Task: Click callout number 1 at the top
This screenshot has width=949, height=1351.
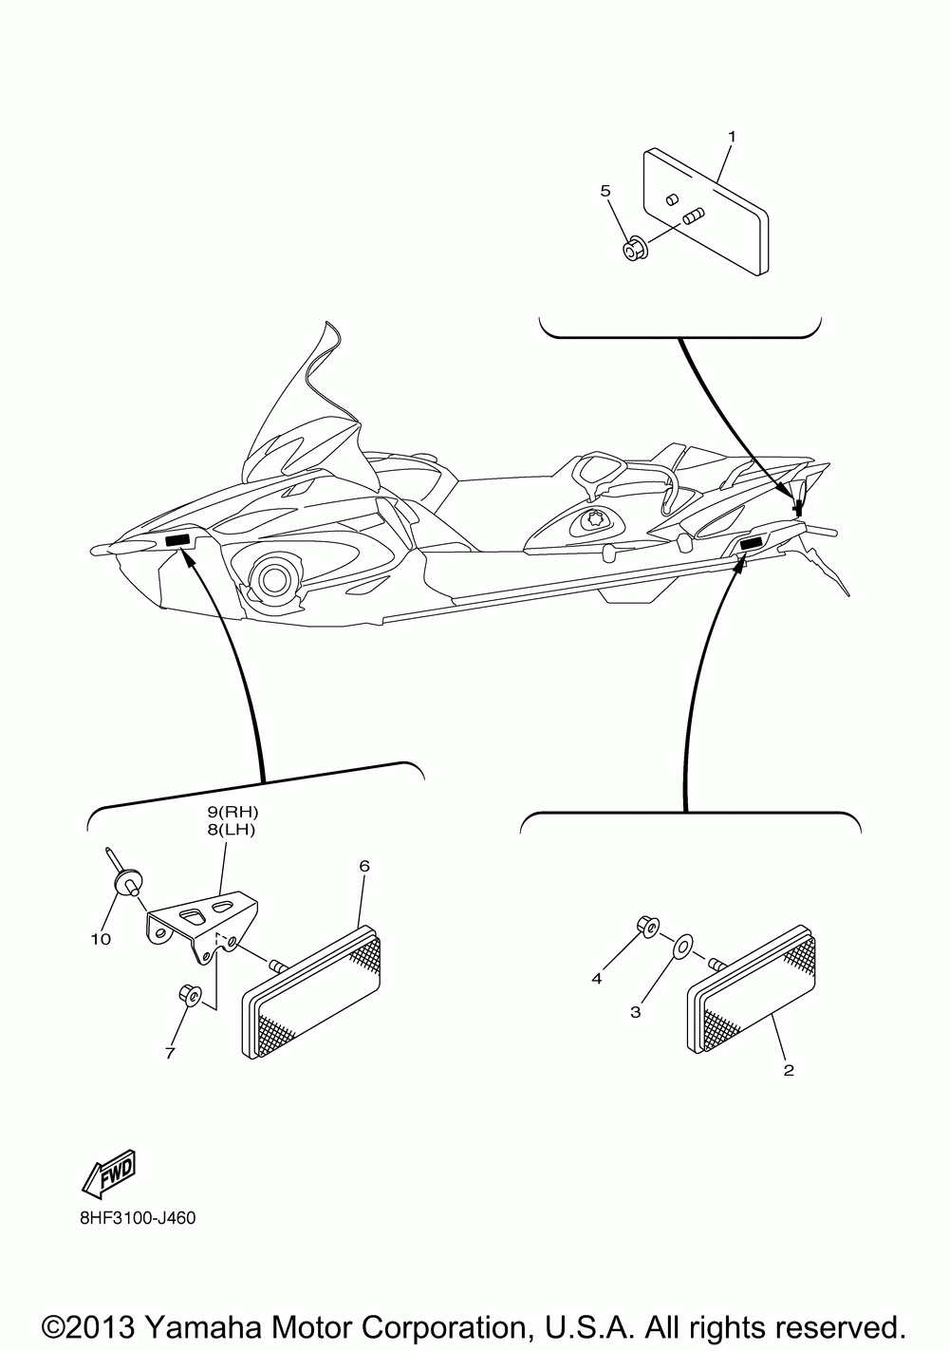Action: click(732, 137)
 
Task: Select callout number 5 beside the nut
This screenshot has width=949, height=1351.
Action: click(605, 190)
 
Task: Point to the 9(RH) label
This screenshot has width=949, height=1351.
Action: click(233, 812)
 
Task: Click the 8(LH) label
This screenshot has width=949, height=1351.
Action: click(233, 829)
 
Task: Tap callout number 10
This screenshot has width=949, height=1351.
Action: click(101, 939)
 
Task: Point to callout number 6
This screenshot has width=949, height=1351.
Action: click(363, 866)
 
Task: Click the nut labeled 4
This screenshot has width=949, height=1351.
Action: click(647, 926)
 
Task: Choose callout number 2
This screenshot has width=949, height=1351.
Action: click(788, 1070)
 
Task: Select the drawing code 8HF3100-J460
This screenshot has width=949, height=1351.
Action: click(138, 1218)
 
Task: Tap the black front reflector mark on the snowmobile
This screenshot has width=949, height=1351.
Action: click(177, 540)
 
